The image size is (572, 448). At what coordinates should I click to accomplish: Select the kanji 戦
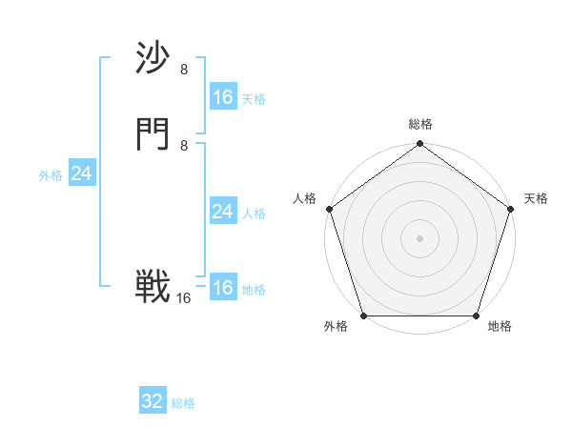pos(153,287)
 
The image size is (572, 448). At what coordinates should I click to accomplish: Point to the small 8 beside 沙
pos(184,70)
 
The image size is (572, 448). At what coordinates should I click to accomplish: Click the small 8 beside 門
pos(184,145)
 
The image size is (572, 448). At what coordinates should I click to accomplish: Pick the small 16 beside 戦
pos(184,298)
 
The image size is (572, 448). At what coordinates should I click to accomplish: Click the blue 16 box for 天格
pos(222,97)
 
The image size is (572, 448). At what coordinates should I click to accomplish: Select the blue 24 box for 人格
pos(222,212)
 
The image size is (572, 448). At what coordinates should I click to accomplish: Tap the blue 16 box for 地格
pos(222,288)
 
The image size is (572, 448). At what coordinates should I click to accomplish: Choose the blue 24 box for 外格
pos(82,173)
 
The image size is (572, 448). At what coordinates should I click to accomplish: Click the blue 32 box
pos(153,401)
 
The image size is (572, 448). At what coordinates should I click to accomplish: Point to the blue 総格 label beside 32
pos(183,403)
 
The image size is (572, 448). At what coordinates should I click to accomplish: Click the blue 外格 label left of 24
pos(51,175)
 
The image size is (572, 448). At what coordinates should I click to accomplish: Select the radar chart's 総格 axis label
pos(420,124)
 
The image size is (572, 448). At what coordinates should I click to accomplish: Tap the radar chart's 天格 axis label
pos(536,198)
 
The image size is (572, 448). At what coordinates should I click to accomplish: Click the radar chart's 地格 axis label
pos(500,327)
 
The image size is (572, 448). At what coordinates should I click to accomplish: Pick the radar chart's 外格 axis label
pos(336,327)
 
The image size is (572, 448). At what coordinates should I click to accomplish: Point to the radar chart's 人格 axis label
pos(304,198)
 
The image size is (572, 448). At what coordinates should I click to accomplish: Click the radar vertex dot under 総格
pos(419,145)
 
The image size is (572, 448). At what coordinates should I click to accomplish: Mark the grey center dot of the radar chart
pos(419,237)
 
